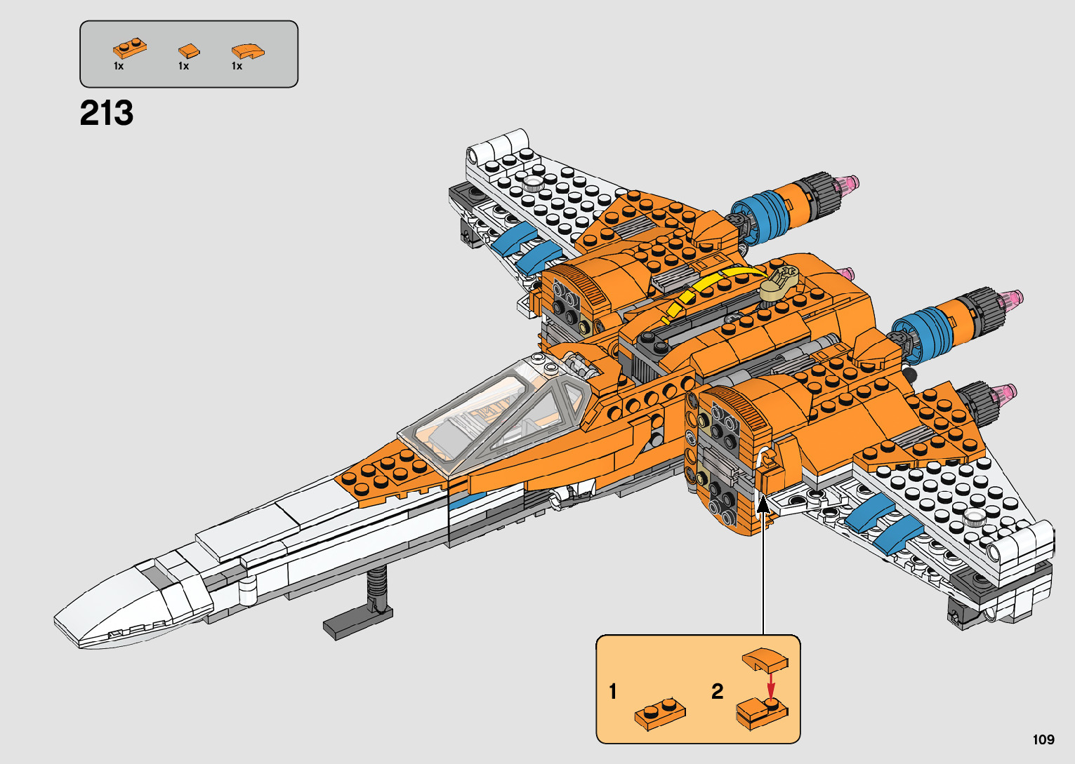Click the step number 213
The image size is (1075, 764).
click(106, 113)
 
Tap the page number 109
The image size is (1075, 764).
click(1043, 739)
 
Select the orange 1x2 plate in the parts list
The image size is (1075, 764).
click(129, 48)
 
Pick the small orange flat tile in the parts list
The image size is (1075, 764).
click(188, 51)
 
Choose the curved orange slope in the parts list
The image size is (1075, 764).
click(248, 51)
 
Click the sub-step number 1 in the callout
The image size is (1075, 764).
click(613, 692)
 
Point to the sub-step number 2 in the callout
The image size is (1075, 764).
click(717, 692)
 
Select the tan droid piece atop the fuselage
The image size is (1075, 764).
click(779, 281)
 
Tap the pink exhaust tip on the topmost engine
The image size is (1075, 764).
click(848, 184)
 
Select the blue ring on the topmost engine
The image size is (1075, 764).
click(762, 213)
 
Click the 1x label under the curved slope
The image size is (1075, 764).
click(237, 66)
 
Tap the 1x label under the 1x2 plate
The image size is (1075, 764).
click(119, 66)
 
